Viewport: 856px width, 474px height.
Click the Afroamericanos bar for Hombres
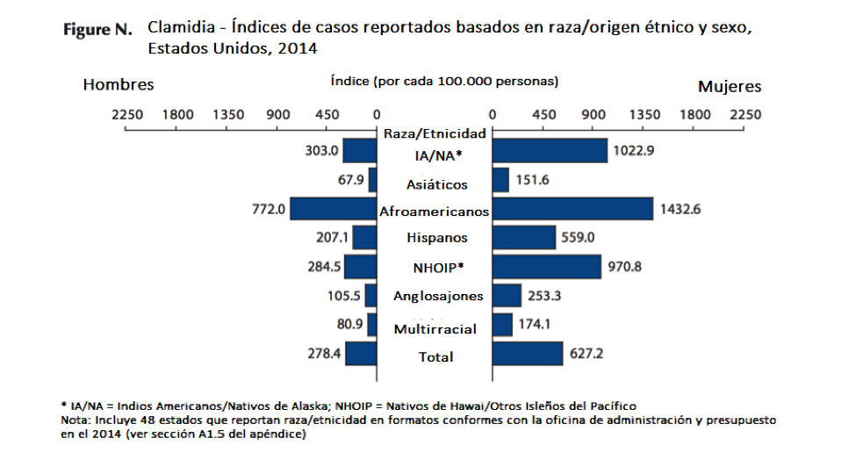tap(334, 209)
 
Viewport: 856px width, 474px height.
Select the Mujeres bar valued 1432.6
tap(572, 209)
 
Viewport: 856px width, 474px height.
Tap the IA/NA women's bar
tap(550, 151)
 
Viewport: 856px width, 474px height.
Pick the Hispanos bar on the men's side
tap(365, 238)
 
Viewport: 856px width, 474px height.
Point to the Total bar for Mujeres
tap(528, 354)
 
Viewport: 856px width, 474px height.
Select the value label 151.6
tap(534, 180)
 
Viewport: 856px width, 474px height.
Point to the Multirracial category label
tap(435, 329)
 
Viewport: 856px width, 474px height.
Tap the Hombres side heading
tap(119, 85)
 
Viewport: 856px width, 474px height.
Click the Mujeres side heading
tap(730, 87)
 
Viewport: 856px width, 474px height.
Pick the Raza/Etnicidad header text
tap(435, 134)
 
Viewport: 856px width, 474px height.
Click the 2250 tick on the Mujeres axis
tap(746, 114)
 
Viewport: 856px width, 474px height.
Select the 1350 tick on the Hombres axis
tap(228, 114)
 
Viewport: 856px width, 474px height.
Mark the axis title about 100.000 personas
tap(444, 81)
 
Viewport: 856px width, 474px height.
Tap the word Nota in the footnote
tap(75, 420)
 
